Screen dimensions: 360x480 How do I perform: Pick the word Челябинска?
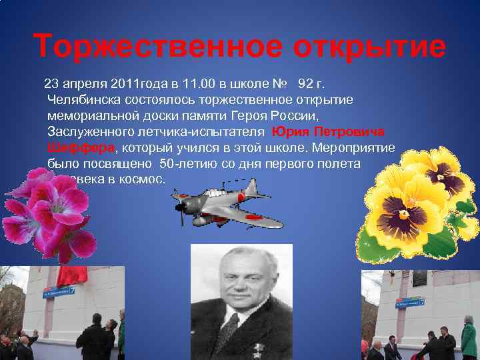[84, 99]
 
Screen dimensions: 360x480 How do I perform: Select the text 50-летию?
[186, 163]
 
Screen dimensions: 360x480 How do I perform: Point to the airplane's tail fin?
[262, 189]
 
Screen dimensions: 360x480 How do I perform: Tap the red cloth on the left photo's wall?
[79, 275]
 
